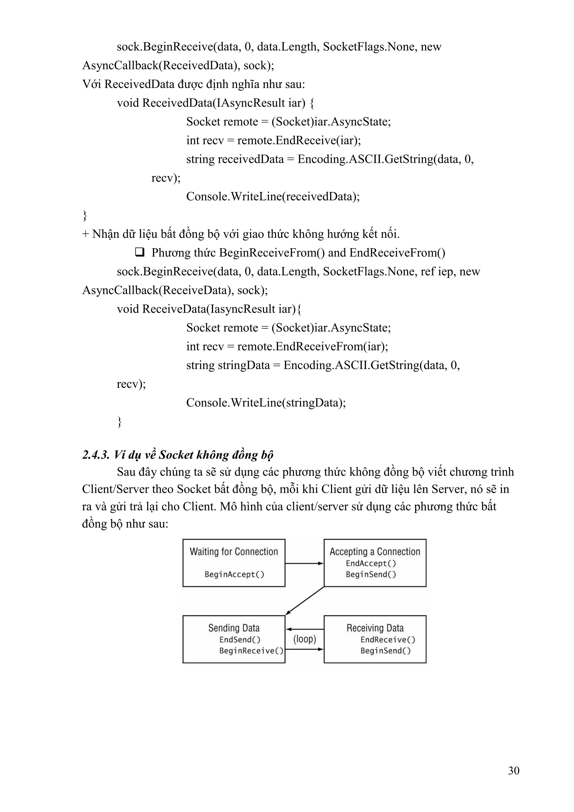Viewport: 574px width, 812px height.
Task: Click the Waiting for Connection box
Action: click(234, 563)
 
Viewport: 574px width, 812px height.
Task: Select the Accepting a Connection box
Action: click(375, 563)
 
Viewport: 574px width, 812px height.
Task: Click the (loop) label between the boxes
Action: click(304, 639)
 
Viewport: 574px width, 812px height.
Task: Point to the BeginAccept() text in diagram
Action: click(234, 574)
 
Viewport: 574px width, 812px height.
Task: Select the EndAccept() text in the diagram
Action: click(371, 563)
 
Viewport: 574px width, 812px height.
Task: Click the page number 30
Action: click(513, 770)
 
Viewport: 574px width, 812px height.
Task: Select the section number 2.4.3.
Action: click(96, 455)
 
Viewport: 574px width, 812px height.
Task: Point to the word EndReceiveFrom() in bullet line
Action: click(397, 253)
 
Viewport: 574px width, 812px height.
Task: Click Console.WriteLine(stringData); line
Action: click(266, 402)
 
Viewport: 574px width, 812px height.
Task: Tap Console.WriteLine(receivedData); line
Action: click(273, 196)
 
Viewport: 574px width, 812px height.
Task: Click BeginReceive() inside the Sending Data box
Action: click(251, 651)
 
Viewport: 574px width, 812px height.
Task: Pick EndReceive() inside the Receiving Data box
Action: click(388, 639)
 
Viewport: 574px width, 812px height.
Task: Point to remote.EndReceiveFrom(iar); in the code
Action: click(313, 346)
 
